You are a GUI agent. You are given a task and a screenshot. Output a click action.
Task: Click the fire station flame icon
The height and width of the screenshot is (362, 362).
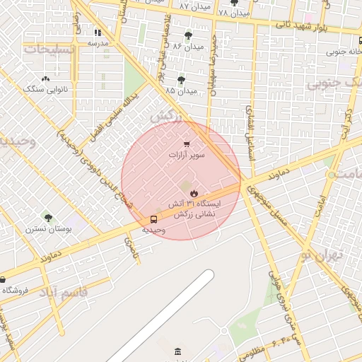(x=193, y=193)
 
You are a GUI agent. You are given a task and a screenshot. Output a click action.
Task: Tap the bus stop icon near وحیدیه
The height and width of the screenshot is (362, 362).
(x=154, y=219)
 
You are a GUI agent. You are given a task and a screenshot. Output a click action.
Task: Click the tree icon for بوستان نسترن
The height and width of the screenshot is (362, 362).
(x=48, y=218)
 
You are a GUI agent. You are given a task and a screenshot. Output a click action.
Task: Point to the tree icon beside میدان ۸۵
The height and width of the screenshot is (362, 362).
(x=181, y=80)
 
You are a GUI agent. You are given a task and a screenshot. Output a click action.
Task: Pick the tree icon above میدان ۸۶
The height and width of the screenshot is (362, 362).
(x=188, y=35)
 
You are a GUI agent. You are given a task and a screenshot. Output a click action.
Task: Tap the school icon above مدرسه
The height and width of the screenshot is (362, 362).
(x=98, y=33)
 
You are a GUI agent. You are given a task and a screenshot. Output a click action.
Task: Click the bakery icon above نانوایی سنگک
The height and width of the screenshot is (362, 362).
(x=46, y=79)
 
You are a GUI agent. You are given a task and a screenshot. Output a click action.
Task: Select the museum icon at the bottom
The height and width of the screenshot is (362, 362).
(x=177, y=351)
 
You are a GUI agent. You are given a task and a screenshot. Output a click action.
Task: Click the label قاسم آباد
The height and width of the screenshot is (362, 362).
(x=64, y=291)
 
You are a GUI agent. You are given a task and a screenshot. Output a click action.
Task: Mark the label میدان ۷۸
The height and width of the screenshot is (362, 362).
(x=233, y=13)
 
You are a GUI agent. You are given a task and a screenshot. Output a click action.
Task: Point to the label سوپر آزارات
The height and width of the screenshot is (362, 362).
(x=187, y=154)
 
